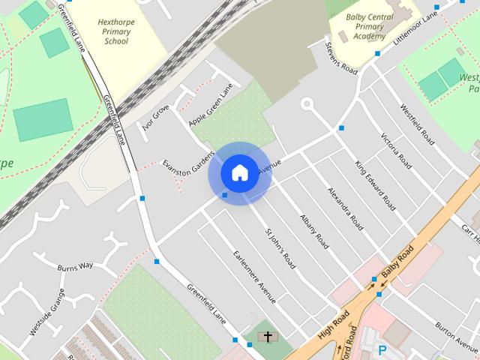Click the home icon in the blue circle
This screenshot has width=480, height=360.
239,173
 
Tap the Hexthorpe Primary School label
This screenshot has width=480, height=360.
117,31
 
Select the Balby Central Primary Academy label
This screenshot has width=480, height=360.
370,25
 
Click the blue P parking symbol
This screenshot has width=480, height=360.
383,349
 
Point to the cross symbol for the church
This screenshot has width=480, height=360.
265,337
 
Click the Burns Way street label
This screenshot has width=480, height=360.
76,265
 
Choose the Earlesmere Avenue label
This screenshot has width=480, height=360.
254,277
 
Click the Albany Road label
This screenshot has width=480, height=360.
314,231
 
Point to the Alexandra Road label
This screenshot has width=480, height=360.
346,208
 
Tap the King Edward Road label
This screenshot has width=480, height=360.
375,184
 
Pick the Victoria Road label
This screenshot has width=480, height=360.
397,151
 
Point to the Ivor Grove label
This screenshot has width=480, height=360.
156,118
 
